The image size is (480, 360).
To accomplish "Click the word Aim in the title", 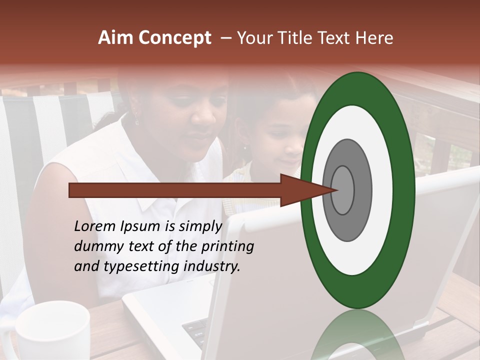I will point(114,38).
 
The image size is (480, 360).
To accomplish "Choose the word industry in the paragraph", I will point(212,266).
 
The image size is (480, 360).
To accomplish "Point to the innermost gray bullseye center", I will point(342,190).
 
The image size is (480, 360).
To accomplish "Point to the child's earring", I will point(245,147).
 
